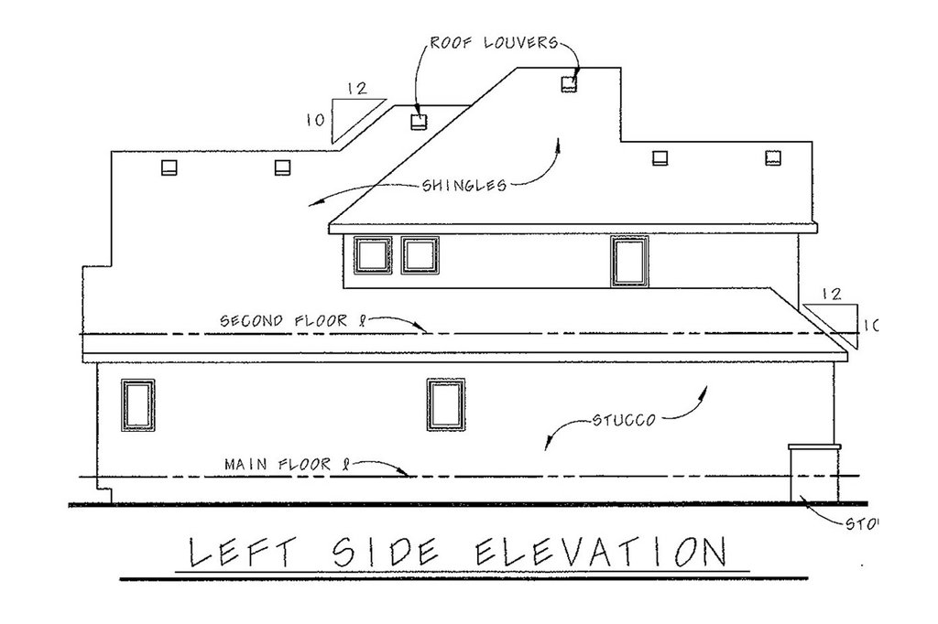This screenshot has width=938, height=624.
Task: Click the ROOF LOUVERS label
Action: tap(495, 43)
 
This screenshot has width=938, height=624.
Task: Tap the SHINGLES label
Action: tap(465, 185)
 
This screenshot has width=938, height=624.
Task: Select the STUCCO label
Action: tap(622, 422)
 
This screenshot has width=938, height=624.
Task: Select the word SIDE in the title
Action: tap(384, 554)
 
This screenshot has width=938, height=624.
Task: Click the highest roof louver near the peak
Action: tap(569, 84)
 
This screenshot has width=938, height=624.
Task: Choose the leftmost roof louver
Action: tap(168, 167)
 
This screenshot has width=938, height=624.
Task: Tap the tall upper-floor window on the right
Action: tap(629, 261)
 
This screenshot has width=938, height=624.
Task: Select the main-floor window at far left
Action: tap(138, 404)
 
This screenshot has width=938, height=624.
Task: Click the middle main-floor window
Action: tap(446, 405)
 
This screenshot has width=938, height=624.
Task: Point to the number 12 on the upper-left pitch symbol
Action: tap(357, 89)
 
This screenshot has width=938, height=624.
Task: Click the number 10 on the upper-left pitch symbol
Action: tap(317, 119)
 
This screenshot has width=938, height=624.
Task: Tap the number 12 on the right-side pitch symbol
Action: tap(832, 295)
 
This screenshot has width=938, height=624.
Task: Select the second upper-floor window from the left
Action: tap(420, 255)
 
